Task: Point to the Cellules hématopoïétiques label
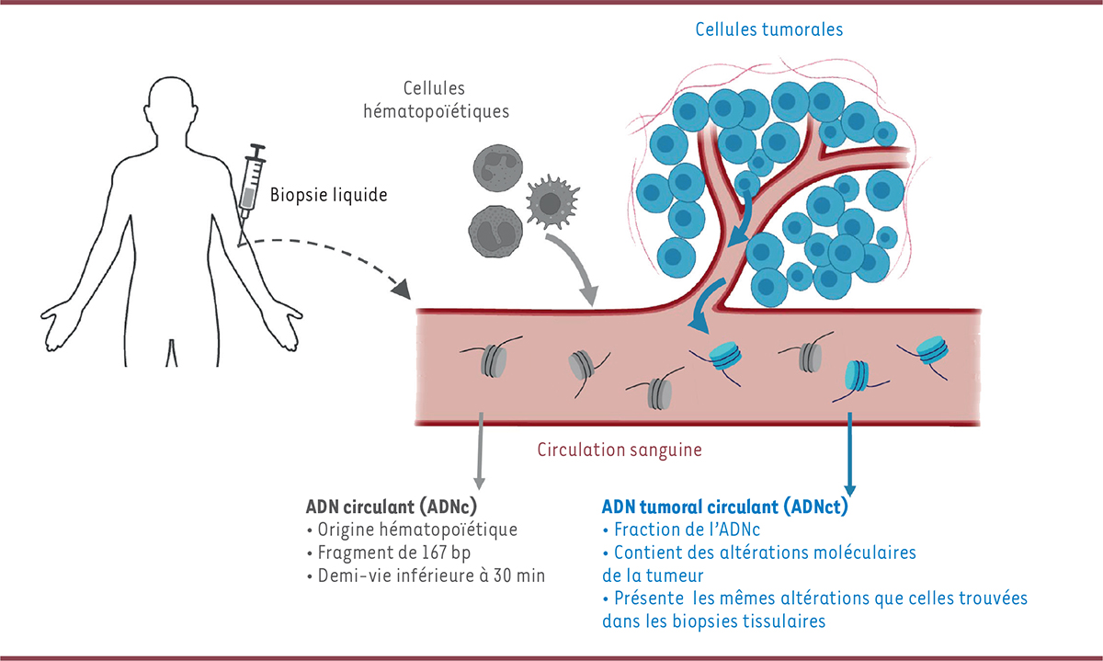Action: tap(455, 99)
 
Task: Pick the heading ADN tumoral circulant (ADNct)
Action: tap(723, 507)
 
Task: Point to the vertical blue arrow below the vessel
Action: tap(850, 454)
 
